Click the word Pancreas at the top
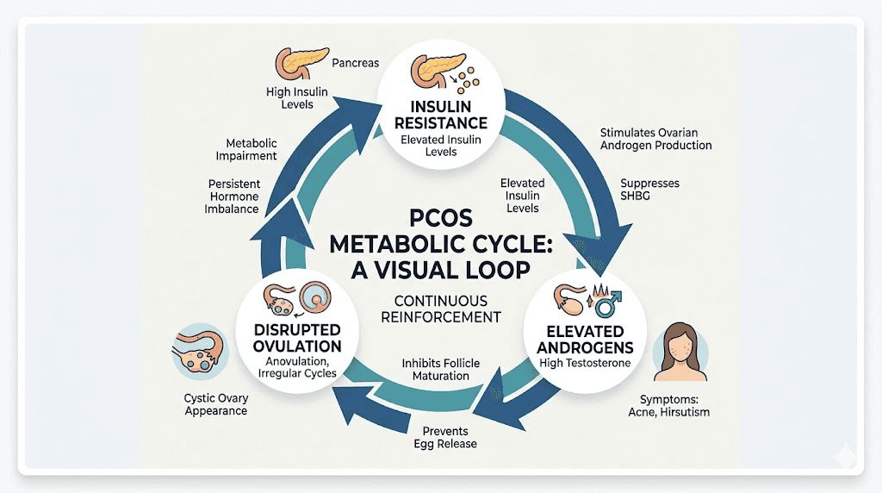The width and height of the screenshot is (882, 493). pyautogui.click(x=356, y=63)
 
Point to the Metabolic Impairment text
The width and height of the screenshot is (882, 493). pyautogui.click(x=251, y=149)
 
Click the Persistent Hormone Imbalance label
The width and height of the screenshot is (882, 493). pyautogui.click(x=234, y=197)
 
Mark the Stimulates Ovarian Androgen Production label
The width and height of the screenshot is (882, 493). pyautogui.click(x=655, y=139)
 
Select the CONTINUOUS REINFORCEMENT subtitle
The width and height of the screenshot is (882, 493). pyautogui.click(x=440, y=309)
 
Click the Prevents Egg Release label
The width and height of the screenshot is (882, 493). pyautogui.click(x=444, y=437)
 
